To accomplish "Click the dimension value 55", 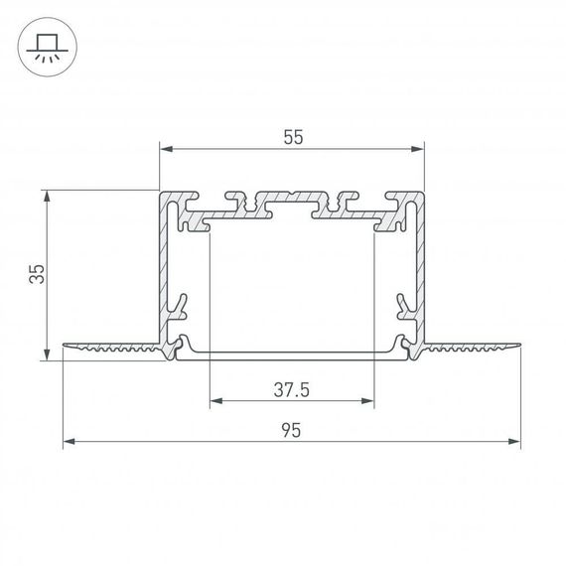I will (292, 138).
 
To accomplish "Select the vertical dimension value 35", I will (35, 275).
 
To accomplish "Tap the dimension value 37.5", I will (292, 390).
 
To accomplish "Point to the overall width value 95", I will (292, 430).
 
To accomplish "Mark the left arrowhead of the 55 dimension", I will (166, 150).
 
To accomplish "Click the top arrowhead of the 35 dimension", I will (46, 197).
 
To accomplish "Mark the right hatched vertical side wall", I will (420, 268).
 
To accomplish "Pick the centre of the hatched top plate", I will (291, 204).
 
